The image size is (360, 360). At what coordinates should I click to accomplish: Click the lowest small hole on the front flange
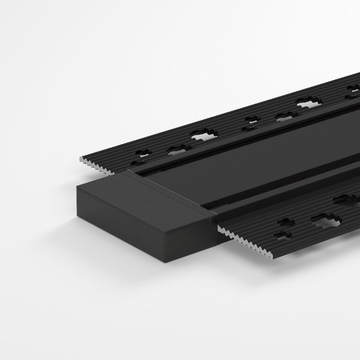click(x=282, y=236)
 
